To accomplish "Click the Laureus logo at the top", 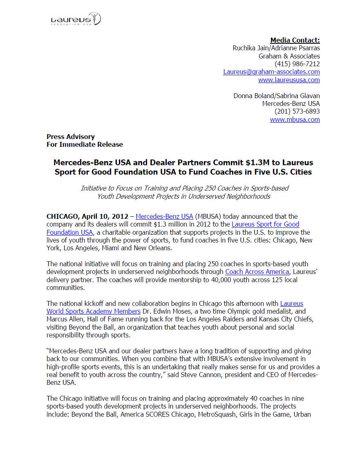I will coord(76,19).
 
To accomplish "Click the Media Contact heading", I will coord(295,40).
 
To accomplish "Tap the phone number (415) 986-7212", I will coord(297,64).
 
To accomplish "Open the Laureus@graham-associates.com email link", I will coord(271,72).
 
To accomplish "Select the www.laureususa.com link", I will coord(289,80).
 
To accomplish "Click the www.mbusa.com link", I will coord(295,119).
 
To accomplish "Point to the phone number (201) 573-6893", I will coord(297,111).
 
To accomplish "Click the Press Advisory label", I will coord(71,137).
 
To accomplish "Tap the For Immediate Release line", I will coord(85,144).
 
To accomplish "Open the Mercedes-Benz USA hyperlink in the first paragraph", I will coord(164,216).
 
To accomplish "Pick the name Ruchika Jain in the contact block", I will coord(250,48).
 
